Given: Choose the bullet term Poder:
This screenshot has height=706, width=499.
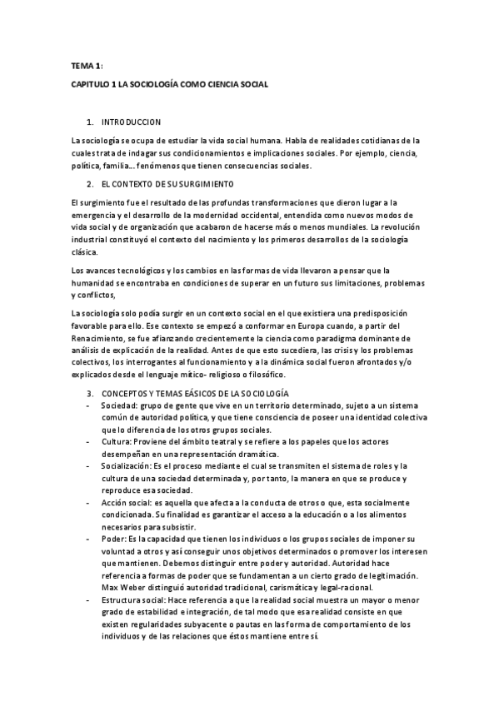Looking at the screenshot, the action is (x=113, y=539).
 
